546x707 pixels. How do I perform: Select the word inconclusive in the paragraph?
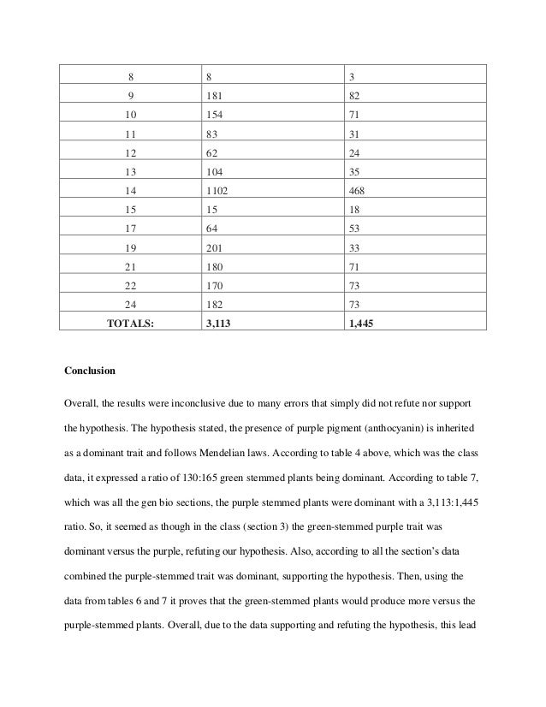click(x=205, y=401)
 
